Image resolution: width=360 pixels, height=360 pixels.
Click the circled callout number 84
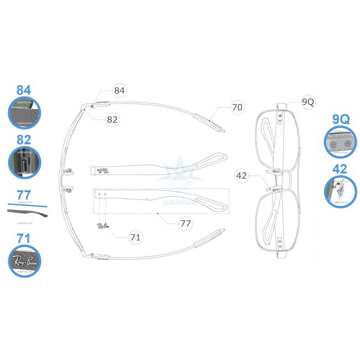(120, 90)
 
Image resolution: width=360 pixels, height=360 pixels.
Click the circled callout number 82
(112, 119)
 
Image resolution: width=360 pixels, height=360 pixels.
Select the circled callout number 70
(237, 107)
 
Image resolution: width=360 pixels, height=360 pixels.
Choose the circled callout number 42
(241, 176)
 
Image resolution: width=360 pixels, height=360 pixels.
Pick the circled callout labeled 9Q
(308, 102)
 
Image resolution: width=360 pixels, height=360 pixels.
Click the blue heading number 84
(23, 90)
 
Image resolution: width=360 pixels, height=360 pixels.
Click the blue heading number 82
(23, 140)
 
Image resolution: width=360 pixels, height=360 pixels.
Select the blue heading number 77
(23, 194)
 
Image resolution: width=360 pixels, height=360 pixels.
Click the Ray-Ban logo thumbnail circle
(25, 261)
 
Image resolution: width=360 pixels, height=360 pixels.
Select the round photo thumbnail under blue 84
(25, 112)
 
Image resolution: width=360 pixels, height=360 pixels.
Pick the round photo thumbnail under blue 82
(25, 163)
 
